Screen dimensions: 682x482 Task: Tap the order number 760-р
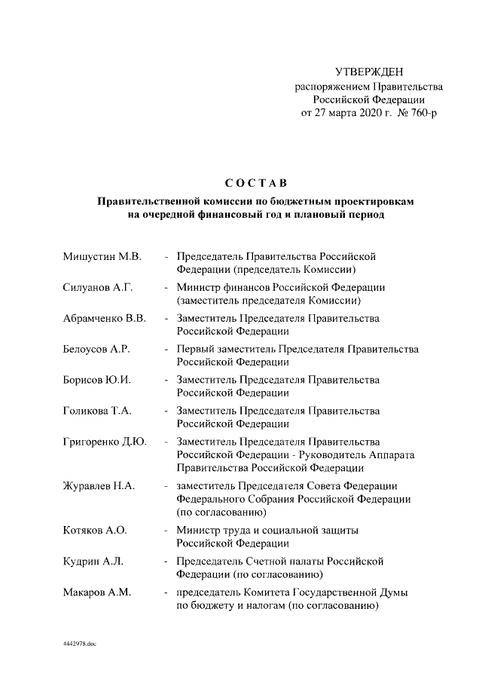[420, 113]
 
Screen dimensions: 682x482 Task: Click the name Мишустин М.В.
[102, 256]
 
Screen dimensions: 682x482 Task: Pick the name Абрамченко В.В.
[105, 318]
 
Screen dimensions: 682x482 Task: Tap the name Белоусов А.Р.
[98, 349]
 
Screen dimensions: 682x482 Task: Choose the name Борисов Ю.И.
[97, 380]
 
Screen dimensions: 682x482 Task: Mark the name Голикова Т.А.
[99, 411]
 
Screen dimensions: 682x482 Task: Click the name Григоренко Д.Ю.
[105, 442]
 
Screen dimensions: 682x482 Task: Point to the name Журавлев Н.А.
[99, 486]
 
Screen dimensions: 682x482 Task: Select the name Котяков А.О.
[95, 531]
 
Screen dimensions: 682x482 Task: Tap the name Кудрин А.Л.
[93, 561]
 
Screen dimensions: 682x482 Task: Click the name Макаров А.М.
[97, 592]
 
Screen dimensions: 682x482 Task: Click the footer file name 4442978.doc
[81, 646]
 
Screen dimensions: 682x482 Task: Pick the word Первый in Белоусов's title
[196, 349]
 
